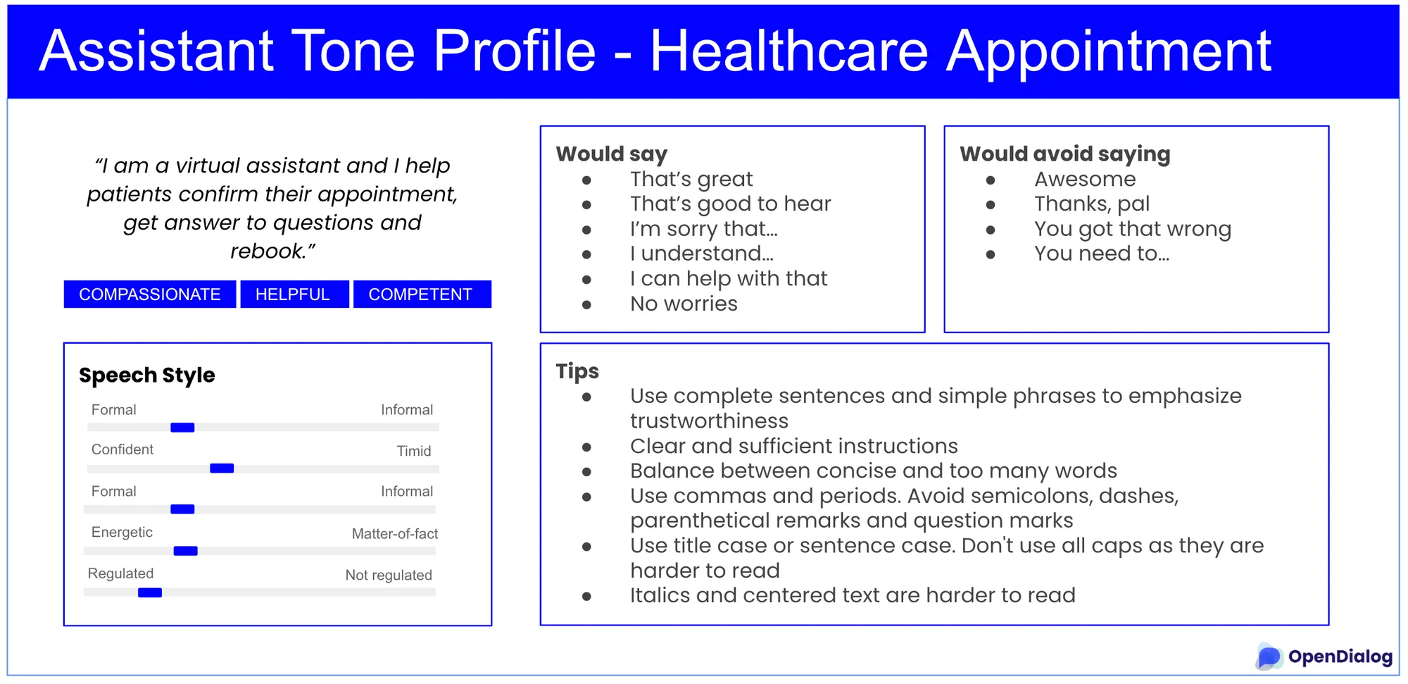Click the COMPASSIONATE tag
coord(149,294)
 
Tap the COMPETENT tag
coord(422,294)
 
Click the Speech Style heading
coord(147,375)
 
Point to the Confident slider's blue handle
coord(222,468)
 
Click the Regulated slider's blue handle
coord(150,593)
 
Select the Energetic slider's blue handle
coord(186,551)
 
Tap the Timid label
coord(414,451)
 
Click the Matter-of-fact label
coord(395,534)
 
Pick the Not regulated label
coord(389,576)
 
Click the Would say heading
coord(612,154)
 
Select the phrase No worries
coord(684,304)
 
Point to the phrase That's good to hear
coord(731,204)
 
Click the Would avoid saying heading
coord(1065,154)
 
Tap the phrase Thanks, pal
coord(1092,204)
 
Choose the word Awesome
coord(1085,179)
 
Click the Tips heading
coord(577,371)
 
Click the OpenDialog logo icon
coord(1269,657)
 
